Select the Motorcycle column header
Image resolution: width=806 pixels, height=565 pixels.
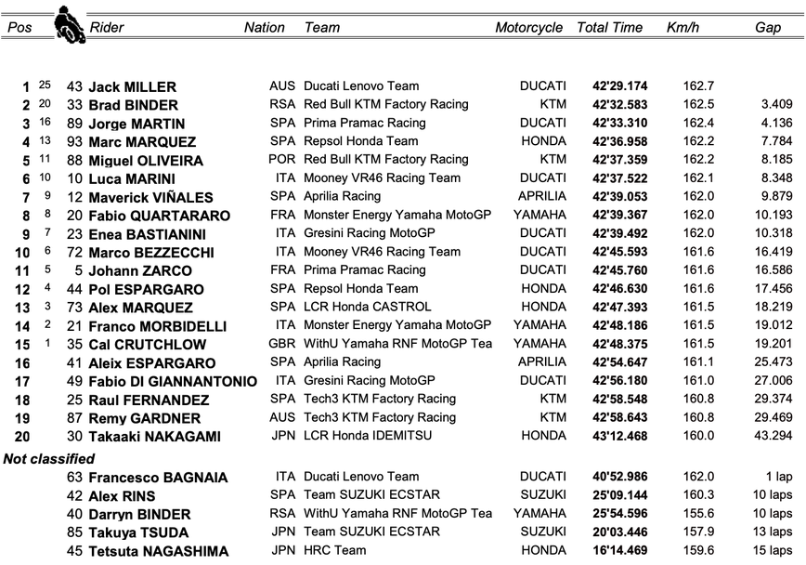tap(528, 28)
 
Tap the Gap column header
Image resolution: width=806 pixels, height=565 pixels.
tap(768, 28)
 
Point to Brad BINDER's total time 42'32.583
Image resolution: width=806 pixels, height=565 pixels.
tap(620, 105)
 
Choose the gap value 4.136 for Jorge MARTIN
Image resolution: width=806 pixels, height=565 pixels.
tap(774, 124)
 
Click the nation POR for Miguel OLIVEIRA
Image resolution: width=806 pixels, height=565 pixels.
tap(282, 160)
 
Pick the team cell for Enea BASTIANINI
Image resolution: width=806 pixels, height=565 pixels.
tap(369, 233)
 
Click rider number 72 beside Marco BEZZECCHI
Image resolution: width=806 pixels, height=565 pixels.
tap(74, 252)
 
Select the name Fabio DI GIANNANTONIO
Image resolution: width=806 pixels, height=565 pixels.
tap(172, 381)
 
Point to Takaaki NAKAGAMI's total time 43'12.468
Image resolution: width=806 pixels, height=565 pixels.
tap(620, 436)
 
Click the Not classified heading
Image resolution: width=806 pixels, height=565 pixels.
tap(48, 459)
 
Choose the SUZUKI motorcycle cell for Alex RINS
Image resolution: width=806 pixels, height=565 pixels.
tap(543, 495)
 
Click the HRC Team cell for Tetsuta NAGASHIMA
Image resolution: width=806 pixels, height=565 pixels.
tap(335, 550)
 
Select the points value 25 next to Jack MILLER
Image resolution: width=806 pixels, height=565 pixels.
tap(45, 85)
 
